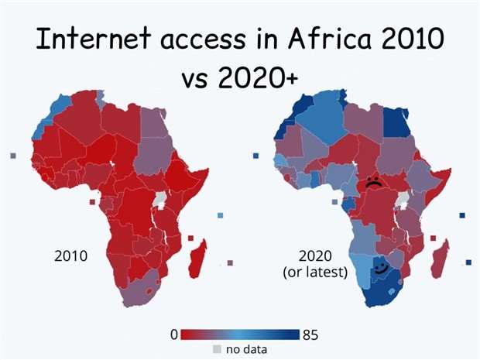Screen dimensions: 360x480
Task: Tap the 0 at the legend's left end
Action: (x=174, y=334)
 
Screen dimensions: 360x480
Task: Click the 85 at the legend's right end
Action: (x=310, y=334)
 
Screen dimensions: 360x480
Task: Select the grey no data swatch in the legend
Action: (x=217, y=349)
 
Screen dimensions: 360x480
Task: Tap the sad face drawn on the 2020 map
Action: (x=373, y=183)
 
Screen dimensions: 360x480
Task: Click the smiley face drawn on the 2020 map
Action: (x=380, y=269)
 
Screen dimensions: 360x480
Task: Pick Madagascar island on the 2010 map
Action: (x=198, y=256)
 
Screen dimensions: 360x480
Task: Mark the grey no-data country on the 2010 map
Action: (x=161, y=201)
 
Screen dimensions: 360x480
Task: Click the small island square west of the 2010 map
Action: (x=13, y=156)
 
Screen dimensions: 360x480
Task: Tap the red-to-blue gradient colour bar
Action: (x=241, y=334)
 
